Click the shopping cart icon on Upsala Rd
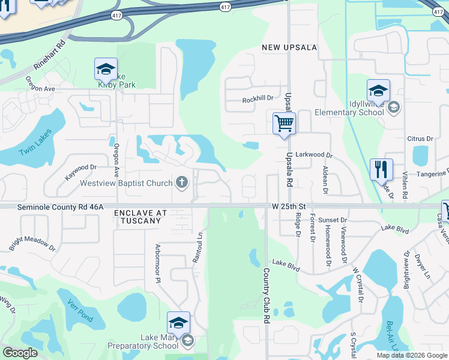pos(284,124)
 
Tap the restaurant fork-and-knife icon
pos(381,169)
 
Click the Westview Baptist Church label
pos(127,183)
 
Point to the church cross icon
pos(181,182)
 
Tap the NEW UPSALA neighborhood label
pos(289,47)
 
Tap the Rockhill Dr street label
pos(258,98)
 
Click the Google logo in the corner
pos(20,353)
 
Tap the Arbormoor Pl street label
pos(159,259)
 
